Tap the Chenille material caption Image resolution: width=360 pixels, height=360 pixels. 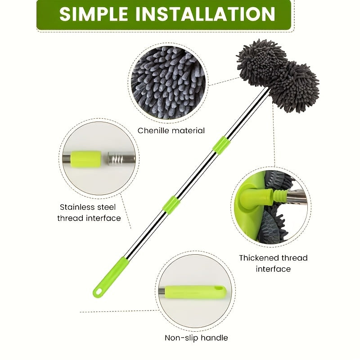[171, 130]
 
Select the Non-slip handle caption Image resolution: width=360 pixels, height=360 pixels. [196, 337]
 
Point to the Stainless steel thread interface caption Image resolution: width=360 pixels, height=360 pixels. [90, 212]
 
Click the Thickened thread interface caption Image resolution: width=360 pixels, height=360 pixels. [273, 263]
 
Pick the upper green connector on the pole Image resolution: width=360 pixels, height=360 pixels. [220, 145]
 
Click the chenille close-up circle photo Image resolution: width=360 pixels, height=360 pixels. [167, 82]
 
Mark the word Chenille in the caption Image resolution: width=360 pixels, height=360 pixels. [153, 130]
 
